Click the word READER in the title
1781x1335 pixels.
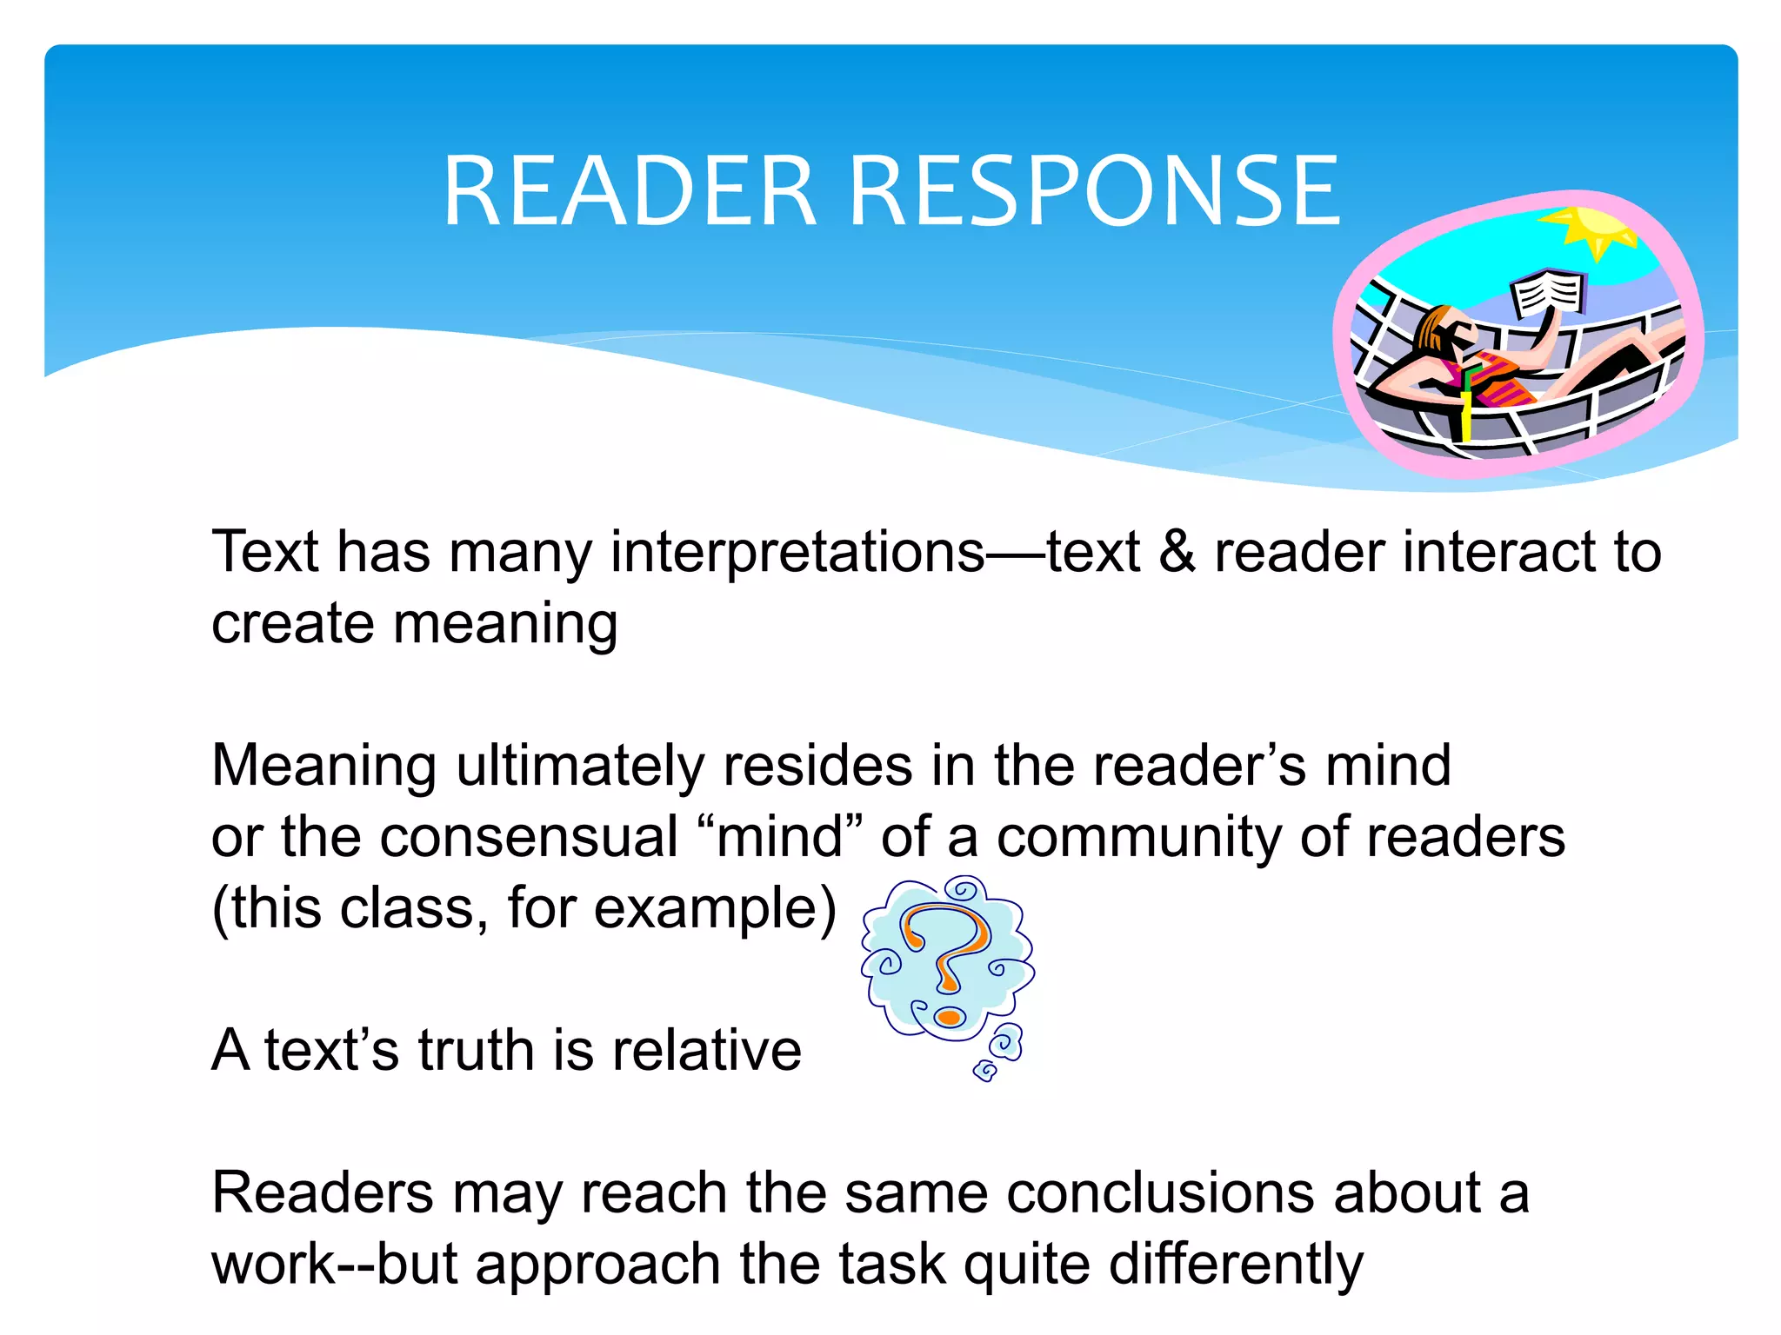tap(630, 191)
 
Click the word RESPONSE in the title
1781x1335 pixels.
tap(1094, 191)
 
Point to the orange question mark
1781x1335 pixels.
tap(946, 956)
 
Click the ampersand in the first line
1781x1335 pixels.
tap(1177, 552)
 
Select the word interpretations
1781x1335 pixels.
tap(797, 554)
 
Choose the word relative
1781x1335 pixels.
tap(706, 1050)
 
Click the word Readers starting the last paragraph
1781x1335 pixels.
tap(323, 1192)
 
